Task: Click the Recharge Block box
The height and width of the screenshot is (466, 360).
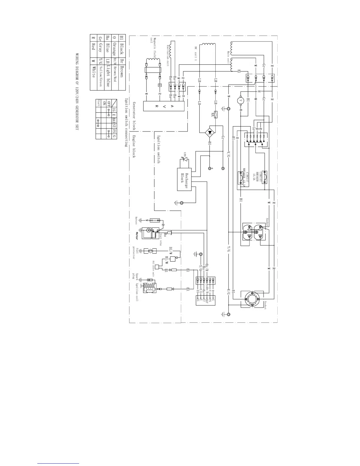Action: click(x=184, y=179)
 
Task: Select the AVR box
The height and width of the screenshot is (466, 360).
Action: click(x=164, y=106)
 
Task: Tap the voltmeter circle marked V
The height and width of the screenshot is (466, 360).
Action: click(x=241, y=100)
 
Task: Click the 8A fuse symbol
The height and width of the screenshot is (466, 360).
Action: click(x=216, y=114)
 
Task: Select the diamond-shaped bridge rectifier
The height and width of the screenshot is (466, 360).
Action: click(x=210, y=132)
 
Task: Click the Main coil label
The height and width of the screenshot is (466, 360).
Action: click(x=228, y=57)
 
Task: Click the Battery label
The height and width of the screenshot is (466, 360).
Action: click(x=136, y=220)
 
